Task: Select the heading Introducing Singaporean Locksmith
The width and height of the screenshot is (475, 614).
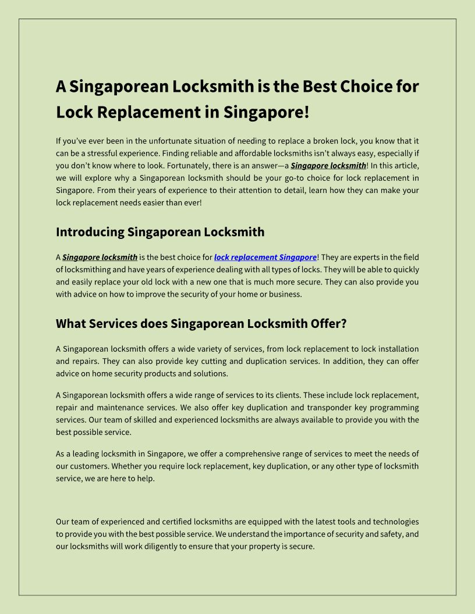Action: point(160,232)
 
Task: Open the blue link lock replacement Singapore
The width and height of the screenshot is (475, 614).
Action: point(265,257)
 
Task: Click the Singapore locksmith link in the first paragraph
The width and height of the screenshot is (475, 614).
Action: point(328,166)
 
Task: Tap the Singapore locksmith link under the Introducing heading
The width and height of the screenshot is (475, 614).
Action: point(100,257)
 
